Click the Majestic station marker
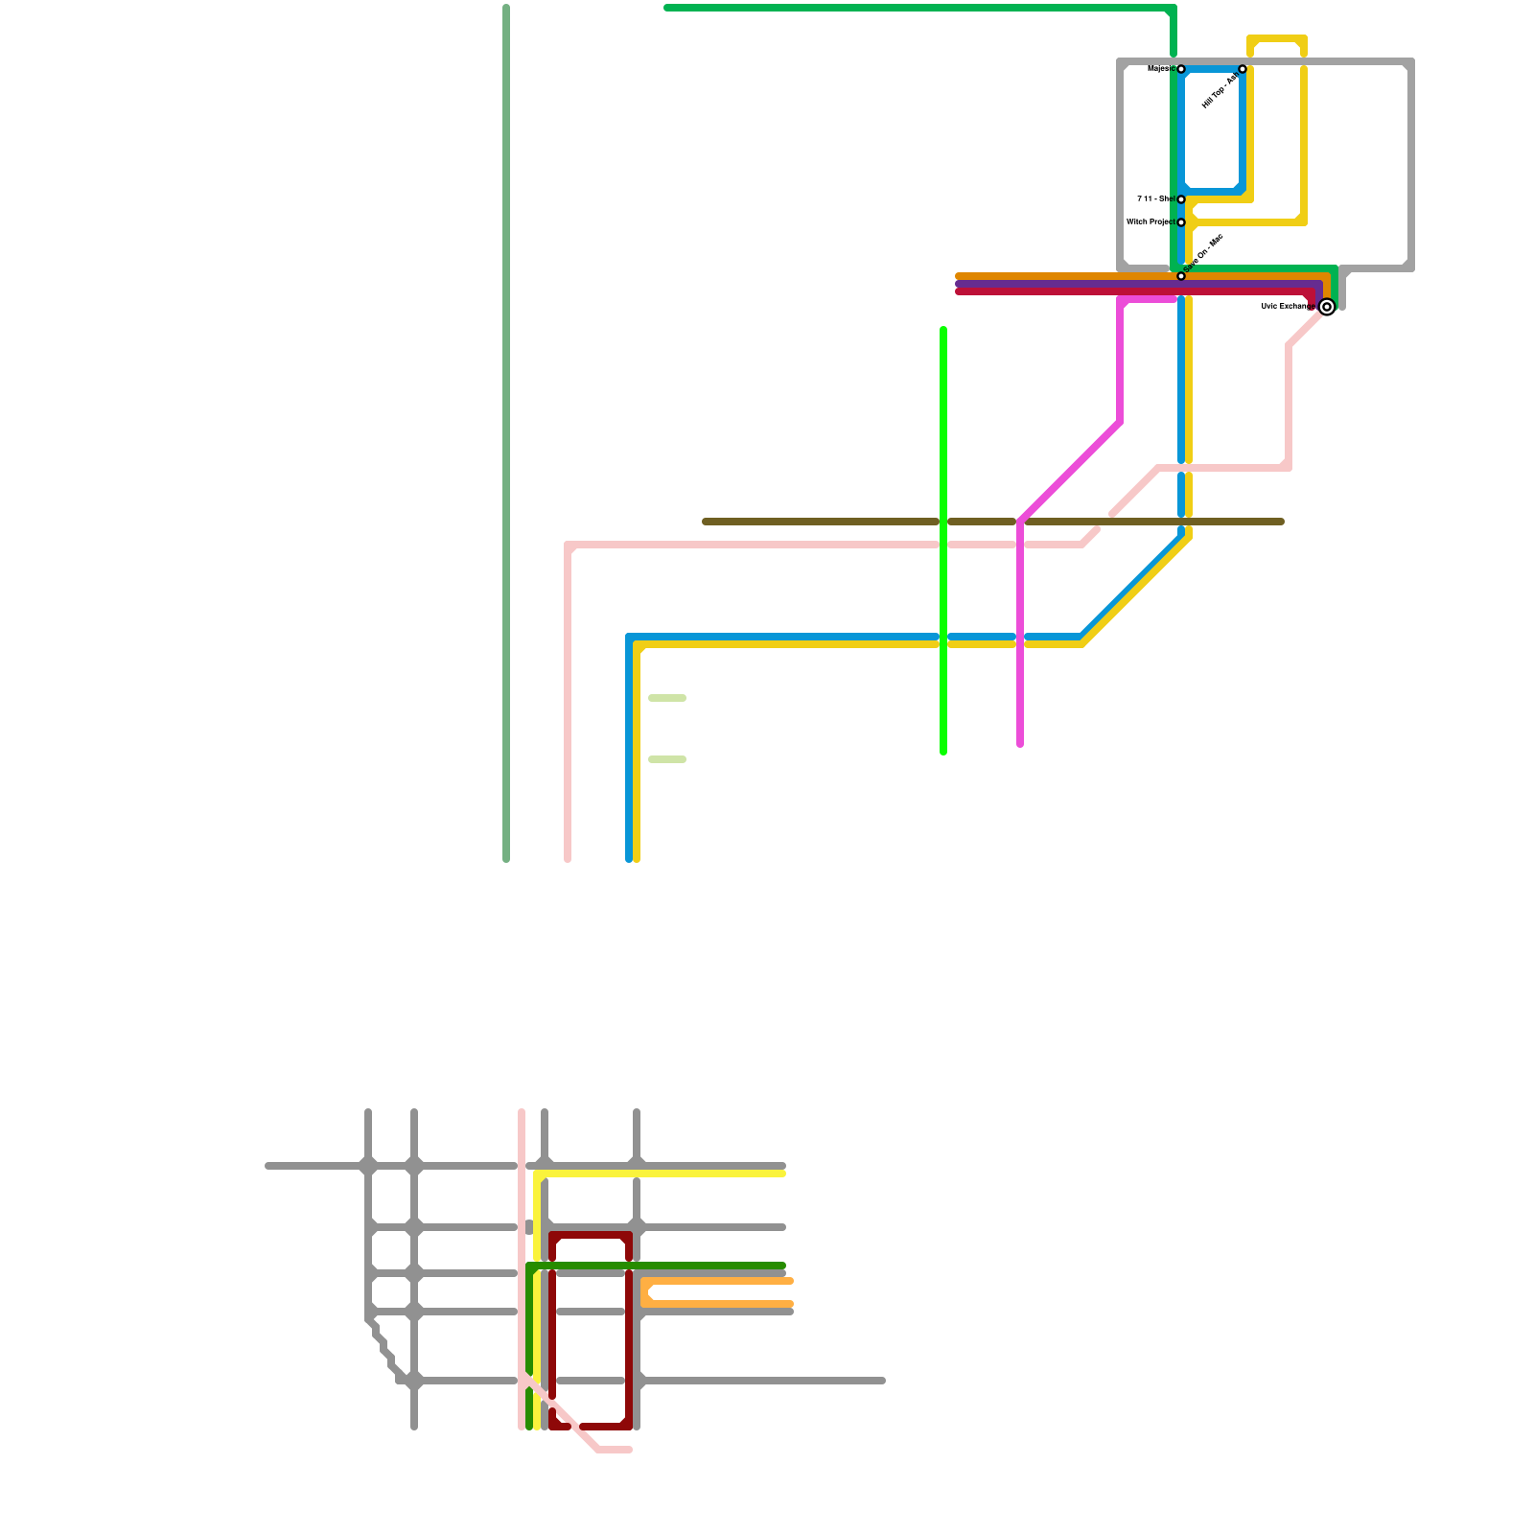(1181, 69)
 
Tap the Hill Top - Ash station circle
(1243, 69)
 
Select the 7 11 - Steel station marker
(1181, 199)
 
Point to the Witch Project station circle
(1181, 222)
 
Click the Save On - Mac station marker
(1181, 276)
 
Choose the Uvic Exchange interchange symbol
(1327, 307)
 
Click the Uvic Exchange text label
(1287, 307)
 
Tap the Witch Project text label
(1150, 222)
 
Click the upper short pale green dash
(667, 698)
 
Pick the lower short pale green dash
(667, 759)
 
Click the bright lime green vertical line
(943, 431)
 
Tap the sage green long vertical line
(506, 431)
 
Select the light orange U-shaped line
(719, 1281)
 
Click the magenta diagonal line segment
(1070, 472)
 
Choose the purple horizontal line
(1055, 284)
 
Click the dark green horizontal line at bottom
(671, 1266)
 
